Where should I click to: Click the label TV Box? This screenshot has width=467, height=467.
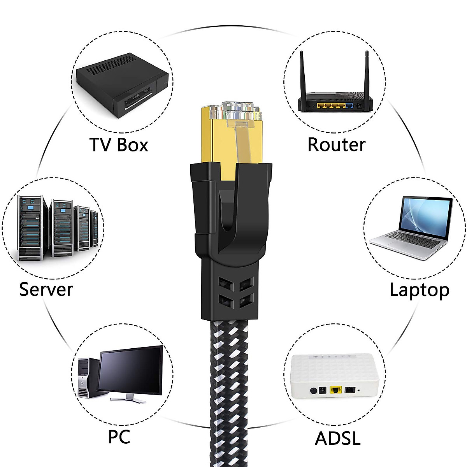[119, 145]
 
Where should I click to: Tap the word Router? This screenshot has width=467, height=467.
[336, 145]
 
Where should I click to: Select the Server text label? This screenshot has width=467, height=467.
[46, 290]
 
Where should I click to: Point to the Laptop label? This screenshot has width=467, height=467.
[419, 290]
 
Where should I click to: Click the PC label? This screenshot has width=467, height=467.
[119, 437]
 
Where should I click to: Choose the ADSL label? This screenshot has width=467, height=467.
[337, 438]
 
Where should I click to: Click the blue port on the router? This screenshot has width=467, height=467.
[349, 105]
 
